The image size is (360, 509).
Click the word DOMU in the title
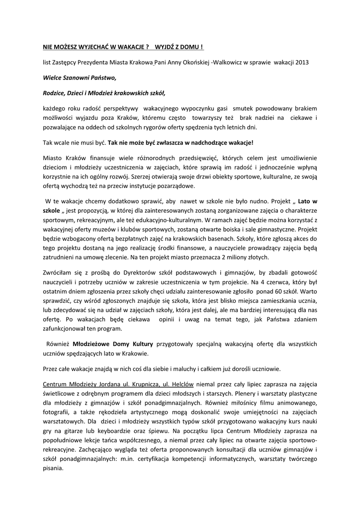[189, 47]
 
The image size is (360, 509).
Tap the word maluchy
[173, 369]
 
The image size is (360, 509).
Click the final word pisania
[53, 469]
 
